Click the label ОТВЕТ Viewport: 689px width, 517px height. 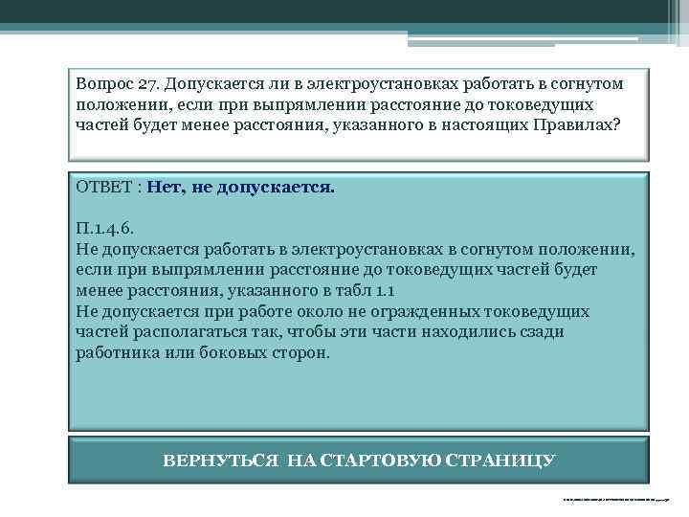tap(104, 187)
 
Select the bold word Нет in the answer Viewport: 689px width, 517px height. tap(166, 187)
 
